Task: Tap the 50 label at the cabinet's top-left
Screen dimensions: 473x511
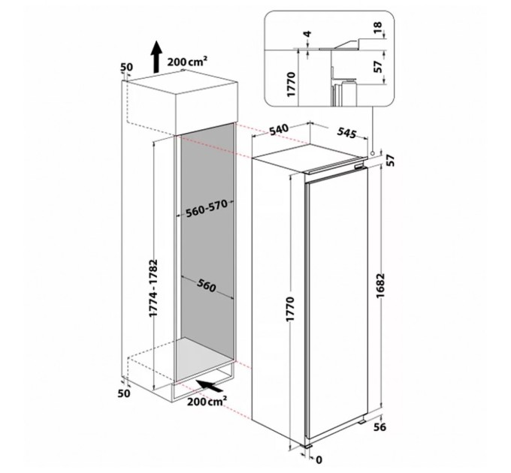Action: (125, 66)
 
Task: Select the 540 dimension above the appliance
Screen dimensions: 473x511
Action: (279, 129)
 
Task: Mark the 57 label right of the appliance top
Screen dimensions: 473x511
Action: (390, 160)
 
